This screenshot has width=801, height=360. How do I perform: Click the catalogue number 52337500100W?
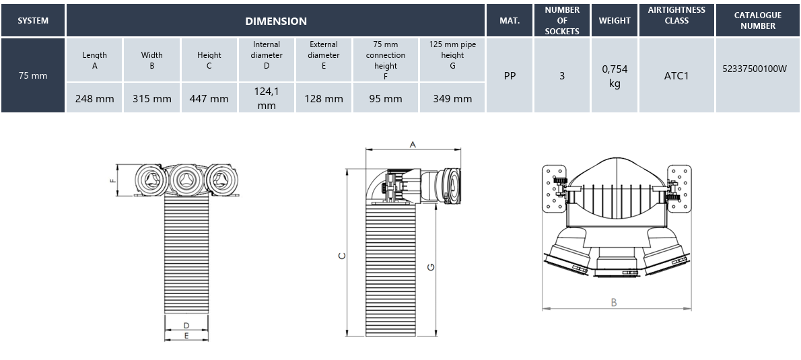pos(758,75)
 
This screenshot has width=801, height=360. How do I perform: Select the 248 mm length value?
pos(94,98)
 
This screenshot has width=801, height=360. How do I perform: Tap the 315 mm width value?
pos(151,98)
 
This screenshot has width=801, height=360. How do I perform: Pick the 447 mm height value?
pos(209,98)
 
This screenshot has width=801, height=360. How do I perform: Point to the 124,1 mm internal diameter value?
pos(267,98)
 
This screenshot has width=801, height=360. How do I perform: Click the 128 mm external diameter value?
pos(324,98)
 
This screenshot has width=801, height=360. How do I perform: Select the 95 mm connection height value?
pos(385,98)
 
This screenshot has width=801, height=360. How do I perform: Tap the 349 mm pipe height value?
pos(452,98)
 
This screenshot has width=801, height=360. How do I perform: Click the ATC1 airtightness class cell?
pos(676,75)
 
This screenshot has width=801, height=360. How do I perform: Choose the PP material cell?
pos(510,75)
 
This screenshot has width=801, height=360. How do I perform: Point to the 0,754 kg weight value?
pos(615,75)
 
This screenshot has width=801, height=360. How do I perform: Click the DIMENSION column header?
pos(275,21)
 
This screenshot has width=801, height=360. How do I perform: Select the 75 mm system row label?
pos(33,75)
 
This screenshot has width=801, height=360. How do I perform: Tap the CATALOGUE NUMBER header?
pos(758,21)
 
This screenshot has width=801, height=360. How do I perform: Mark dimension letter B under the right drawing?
pos(614,303)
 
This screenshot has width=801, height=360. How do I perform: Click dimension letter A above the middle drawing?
pos(413,144)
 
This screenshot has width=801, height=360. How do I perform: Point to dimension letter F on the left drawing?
pos(113,180)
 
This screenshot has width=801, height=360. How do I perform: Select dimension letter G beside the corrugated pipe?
pos(431,267)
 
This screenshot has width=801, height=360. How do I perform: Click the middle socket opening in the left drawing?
pos(184,179)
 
